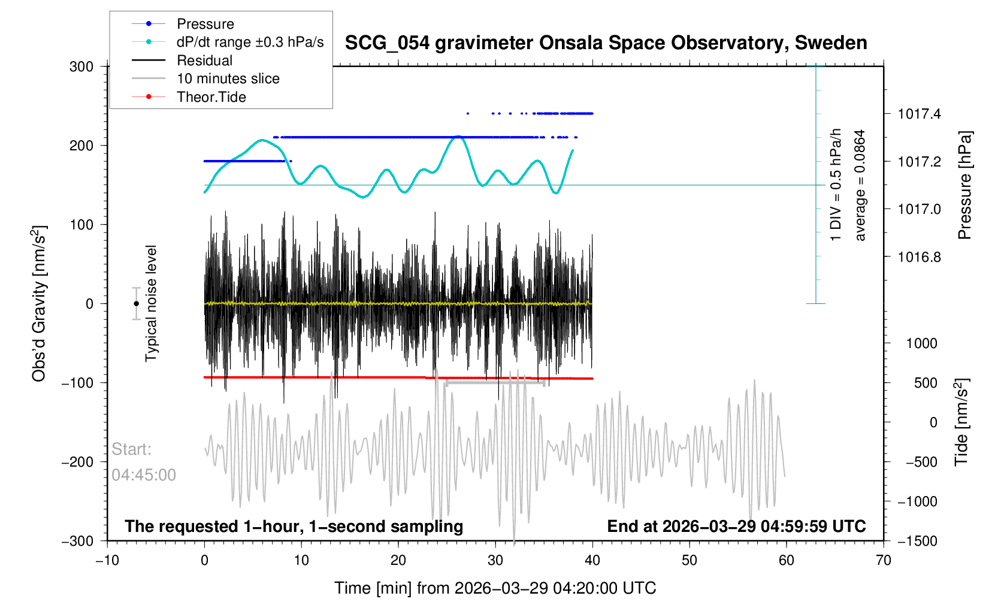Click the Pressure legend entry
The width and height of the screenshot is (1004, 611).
point(205,24)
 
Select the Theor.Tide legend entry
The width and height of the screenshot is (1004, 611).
point(211,97)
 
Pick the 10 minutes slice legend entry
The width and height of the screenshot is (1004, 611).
point(228,78)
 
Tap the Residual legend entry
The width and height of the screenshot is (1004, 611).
point(204,61)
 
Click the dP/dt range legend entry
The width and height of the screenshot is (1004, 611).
point(250,42)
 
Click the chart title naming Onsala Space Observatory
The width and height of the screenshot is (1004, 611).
point(606,43)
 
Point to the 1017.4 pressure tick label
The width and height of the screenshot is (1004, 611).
point(919,114)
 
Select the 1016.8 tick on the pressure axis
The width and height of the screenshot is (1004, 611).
point(919,257)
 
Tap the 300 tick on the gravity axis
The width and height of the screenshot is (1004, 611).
point(81,66)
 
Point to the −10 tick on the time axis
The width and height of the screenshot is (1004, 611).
point(107,561)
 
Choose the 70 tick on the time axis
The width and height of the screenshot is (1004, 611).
point(883,561)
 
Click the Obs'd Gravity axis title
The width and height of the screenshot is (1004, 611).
point(40,304)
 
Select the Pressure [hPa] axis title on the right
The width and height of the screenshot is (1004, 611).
point(964,185)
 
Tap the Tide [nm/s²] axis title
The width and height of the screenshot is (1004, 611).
point(961,422)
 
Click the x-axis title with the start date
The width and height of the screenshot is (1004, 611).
point(495,588)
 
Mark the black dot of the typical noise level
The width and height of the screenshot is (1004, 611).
point(137,304)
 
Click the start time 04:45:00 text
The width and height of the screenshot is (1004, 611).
point(144,475)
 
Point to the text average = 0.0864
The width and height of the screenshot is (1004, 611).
point(860,185)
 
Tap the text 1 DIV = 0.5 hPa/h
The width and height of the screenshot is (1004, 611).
point(836,185)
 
